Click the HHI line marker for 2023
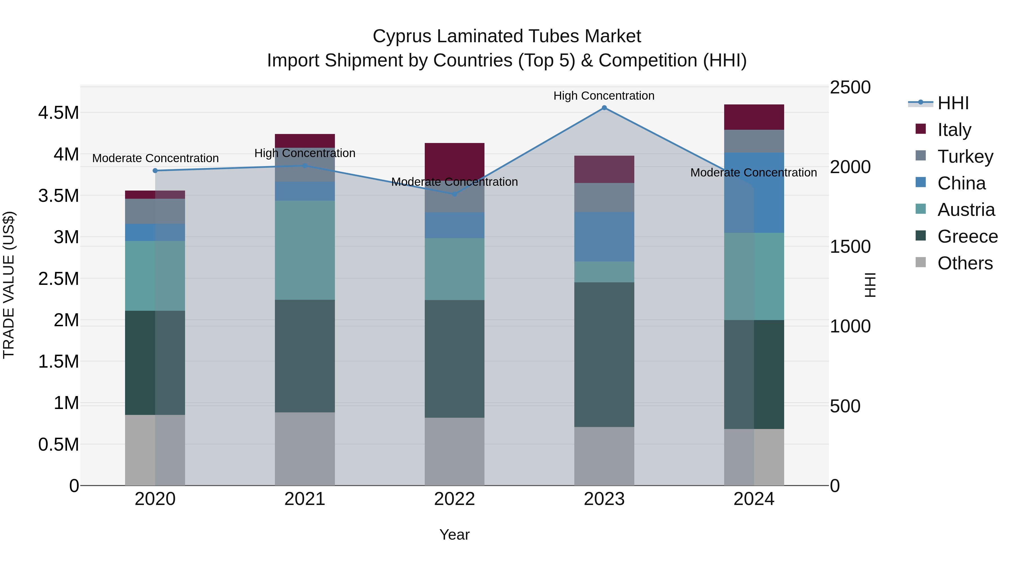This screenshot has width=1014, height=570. pyautogui.click(x=604, y=108)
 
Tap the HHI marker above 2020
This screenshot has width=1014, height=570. pyautogui.click(x=155, y=171)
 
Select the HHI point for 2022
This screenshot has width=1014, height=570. pyautogui.click(x=454, y=194)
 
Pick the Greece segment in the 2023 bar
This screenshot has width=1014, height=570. pyautogui.click(x=604, y=354)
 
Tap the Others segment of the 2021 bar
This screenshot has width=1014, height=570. pyautogui.click(x=305, y=448)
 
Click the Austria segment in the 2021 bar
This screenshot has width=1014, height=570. pyautogui.click(x=305, y=250)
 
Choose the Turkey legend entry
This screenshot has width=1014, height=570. pyautogui.click(x=964, y=157)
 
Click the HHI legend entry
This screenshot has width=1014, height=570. pyautogui.click(x=953, y=103)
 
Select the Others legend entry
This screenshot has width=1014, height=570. pyautogui.click(x=964, y=263)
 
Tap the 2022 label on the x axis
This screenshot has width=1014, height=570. pyautogui.click(x=454, y=499)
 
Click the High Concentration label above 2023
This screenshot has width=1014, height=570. pyautogui.click(x=604, y=96)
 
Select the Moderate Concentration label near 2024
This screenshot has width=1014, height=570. pyautogui.click(x=753, y=173)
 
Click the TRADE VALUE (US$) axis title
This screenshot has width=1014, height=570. pyautogui.click(x=9, y=285)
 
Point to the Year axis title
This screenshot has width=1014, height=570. pyautogui.click(x=454, y=535)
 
